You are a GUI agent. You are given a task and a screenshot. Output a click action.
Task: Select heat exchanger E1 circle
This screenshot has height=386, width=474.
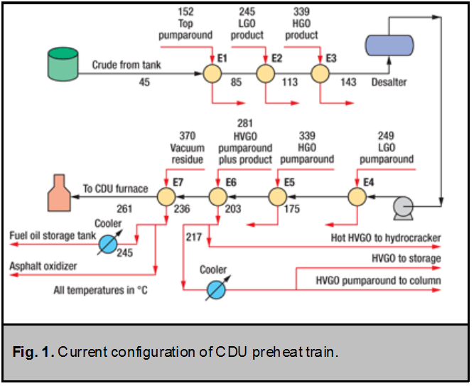point(212,72)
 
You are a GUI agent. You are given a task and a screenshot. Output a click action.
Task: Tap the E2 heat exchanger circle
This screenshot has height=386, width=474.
point(265,72)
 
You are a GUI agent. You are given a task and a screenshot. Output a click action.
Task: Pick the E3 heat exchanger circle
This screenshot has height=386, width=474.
point(319,72)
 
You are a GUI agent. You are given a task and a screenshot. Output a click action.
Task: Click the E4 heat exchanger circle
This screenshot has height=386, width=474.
point(357,197)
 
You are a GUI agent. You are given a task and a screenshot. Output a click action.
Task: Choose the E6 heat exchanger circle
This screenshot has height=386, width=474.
point(217,197)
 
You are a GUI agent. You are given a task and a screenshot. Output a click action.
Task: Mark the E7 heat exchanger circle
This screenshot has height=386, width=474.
point(166,197)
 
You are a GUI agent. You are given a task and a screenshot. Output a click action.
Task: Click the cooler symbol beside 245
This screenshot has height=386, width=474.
point(108,242)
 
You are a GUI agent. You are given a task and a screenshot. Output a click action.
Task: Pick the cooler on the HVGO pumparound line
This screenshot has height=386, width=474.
point(213,289)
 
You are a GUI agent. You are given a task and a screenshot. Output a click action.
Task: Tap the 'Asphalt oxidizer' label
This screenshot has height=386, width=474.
point(42,265)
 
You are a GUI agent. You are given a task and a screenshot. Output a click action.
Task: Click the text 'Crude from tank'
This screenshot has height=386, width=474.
point(126,65)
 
